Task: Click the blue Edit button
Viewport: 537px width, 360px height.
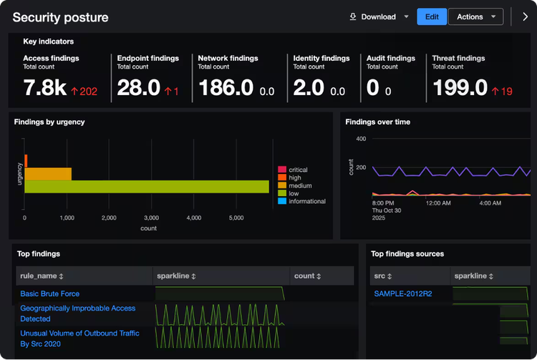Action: pyautogui.click(x=432, y=16)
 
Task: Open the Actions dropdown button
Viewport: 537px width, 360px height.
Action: pyautogui.click(x=475, y=16)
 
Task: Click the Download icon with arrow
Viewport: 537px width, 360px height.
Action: pyautogui.click(x=353, y=16)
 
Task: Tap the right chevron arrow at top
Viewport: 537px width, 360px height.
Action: pyautogui.click(x=525, y=16)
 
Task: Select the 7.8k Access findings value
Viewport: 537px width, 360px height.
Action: pyautogui.click(x=45, y=87)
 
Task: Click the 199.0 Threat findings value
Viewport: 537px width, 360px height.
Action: pyautogui.click(x=460, y=87)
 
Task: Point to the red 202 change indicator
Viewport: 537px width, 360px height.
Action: pyautogui.click(x=84, y=92)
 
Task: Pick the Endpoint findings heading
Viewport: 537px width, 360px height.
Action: pyautogui.click(x=148, y=58)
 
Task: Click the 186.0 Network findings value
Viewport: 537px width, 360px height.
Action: pyautogui.click(x=226, y=87)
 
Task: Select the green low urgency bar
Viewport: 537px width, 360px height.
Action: pyautogui.click(x=147, y=187)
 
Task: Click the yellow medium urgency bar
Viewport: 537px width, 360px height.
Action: pyautogui.click(x=48, y=174)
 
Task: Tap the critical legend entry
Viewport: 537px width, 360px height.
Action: pyautogui.click(x=293, y=170)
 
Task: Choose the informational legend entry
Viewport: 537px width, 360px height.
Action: pyautogui.click(x=301, y=201)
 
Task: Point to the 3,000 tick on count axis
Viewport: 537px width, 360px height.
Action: pyautogui.click(x=151, y=218)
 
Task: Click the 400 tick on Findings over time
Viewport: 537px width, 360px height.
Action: pyautogui.click(x=361, y=139)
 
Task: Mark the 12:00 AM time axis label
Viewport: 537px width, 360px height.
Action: pyautogui.click(x=438, y=203)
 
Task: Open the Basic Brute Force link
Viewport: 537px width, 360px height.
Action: pyautogui.click(x=50, y=293)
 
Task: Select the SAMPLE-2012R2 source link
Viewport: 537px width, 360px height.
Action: pyautogui.click(x=403, y=293)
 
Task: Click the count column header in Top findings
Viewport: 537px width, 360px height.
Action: pyautogui.click(x=308, y=276)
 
